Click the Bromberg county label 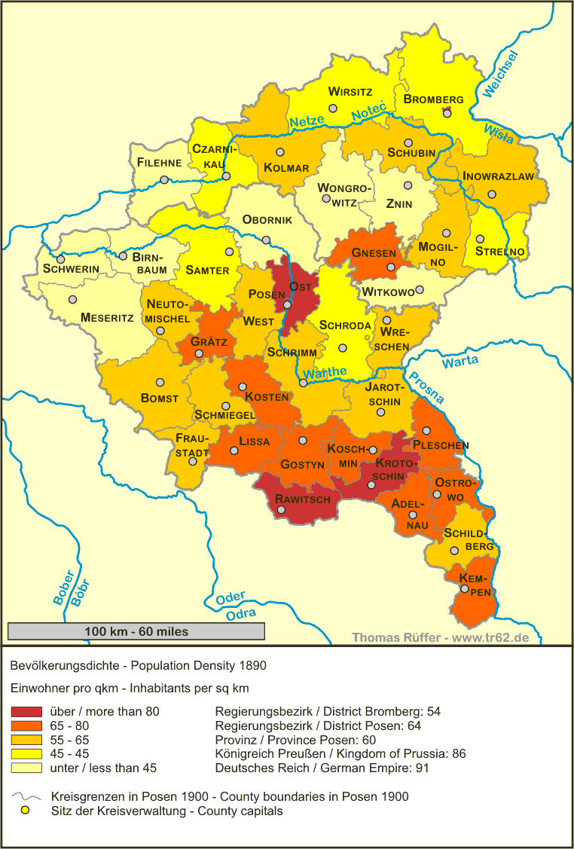tap(433, 99)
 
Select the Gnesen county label tap(374, 252)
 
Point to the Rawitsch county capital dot tap(281, 510)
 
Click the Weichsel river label tap(502, 75)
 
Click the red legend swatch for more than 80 tap(26, 711)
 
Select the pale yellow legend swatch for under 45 tap(26, 768)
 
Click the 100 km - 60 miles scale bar tap(136, 631)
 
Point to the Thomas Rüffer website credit tap(440, 637)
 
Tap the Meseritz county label tap(107, 318)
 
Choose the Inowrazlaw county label tap(498, 176)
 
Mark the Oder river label tap(231, 599)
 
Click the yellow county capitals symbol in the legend tap(26, 811)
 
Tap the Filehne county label tap(159, 162)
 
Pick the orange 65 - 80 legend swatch tap(26, 725)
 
